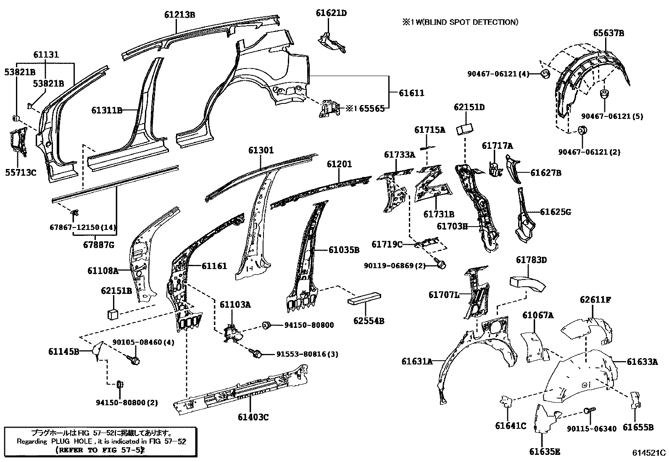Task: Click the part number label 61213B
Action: pyautogui.click(x=179, y=15)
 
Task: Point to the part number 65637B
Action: pyautogui.click(x=608, y=33)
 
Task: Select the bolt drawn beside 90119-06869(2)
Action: pyautogui.click(x=441, y=264)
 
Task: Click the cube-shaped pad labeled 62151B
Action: pyautogui.click(x=112, y=313)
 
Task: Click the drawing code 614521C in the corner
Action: pyautogui.click(x=649, y=453)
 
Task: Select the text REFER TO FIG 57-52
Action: pyautogui.click(x=100, y=449)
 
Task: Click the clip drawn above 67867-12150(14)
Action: pyautogui.click(x=75, y=212)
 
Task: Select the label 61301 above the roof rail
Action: pyautogui.click(x=261, y=150)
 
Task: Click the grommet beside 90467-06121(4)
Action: pyautogui.click(x=545, y=74)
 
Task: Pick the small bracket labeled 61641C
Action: pyautogui.click(x=506, y=401)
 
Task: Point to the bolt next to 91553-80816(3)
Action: pyautogui.click(x=256, y=354)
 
